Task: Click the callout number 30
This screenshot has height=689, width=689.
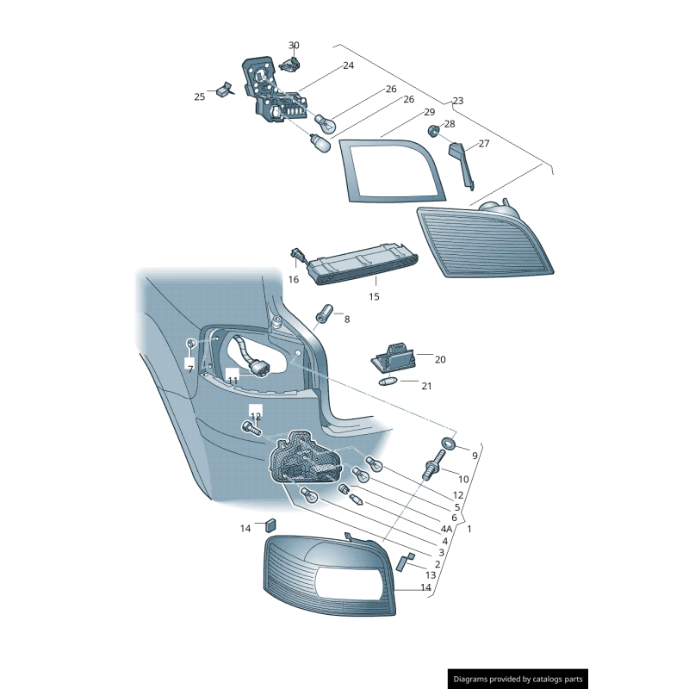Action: [x=294, y=45]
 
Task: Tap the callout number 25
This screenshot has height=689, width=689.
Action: [x=200, y=97]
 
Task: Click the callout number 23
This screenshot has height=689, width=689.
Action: [x=457, y=101]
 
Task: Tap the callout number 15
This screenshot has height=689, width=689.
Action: [x=374, y=296]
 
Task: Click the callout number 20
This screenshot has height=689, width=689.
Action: [x=440, y=359]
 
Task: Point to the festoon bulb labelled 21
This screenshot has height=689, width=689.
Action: [x=388, y=381]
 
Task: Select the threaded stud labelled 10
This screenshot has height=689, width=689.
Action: [x=431, y=470]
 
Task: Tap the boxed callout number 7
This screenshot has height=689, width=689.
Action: [x=190, y=368]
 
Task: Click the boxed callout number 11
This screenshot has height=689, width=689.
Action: [x=233, y=379]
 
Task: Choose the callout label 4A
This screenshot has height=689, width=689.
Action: [x=446, y=529]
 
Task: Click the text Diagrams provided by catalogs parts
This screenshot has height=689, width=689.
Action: [x=518, y=679]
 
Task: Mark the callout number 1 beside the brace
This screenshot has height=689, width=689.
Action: [x=469, y=529]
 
